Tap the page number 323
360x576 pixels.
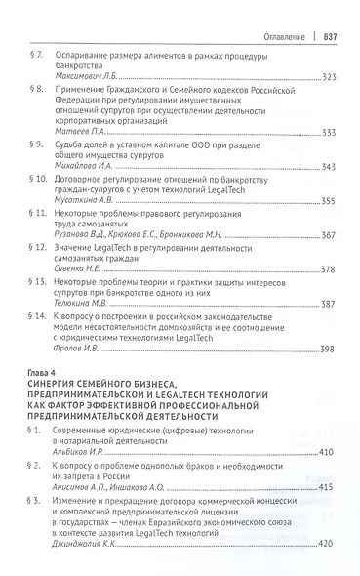(328, 76)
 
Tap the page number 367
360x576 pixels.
(328, 236)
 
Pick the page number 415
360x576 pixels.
(328, 487)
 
